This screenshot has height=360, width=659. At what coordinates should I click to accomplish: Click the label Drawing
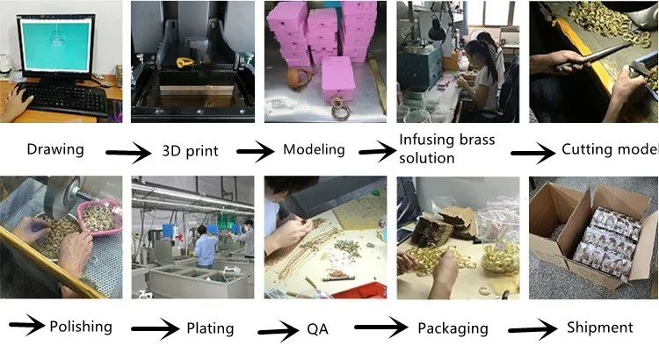click(x=55, y=149)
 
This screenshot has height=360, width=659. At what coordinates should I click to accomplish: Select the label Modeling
click(x=314, y=149)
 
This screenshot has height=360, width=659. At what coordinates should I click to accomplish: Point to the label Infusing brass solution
click(x=447, y=149)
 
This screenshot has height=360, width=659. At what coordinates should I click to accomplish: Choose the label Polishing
click(x=81, y=327)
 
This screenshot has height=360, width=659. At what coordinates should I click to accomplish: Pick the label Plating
click(x=210, y=328)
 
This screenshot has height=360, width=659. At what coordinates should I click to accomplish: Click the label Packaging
click(x=453, y=328)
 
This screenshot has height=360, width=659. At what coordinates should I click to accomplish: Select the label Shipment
click(x=599, y=328)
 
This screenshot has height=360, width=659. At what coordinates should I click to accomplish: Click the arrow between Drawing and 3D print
click(x=130, y=153)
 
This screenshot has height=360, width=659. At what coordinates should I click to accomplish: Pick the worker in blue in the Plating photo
click(x=204, y=246)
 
